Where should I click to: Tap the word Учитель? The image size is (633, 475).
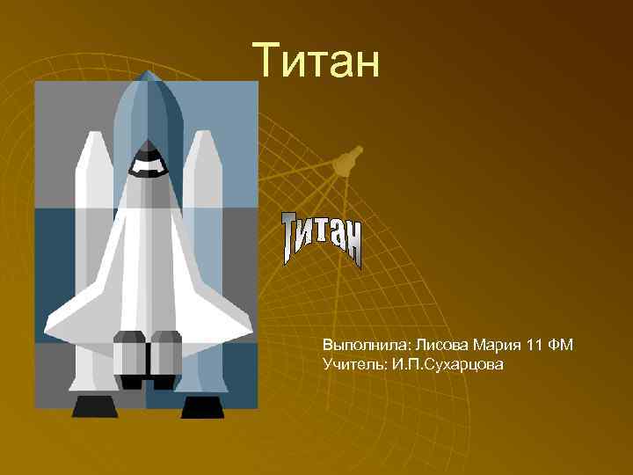tap(351, 362)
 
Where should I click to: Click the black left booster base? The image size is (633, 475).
tap(94, 406)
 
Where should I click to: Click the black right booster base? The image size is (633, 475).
tap(202, 406)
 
